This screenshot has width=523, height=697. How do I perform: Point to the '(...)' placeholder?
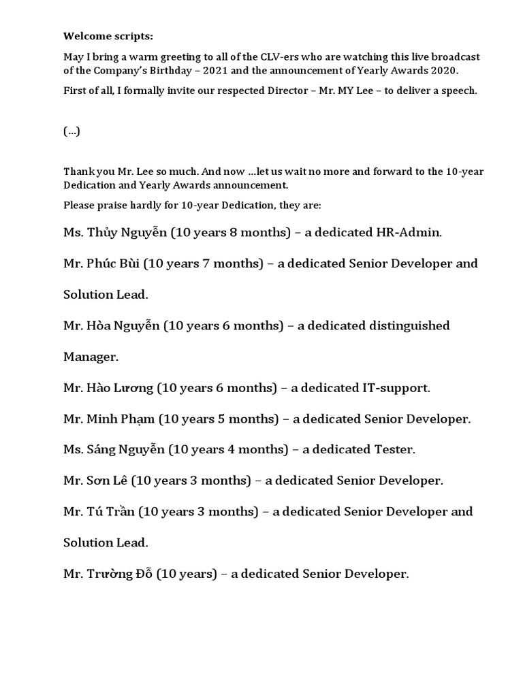click(x=72, y=132)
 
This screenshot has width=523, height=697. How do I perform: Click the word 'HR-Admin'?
click(x=408, y=233)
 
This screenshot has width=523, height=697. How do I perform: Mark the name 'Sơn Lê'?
click(x=107, y=481)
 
